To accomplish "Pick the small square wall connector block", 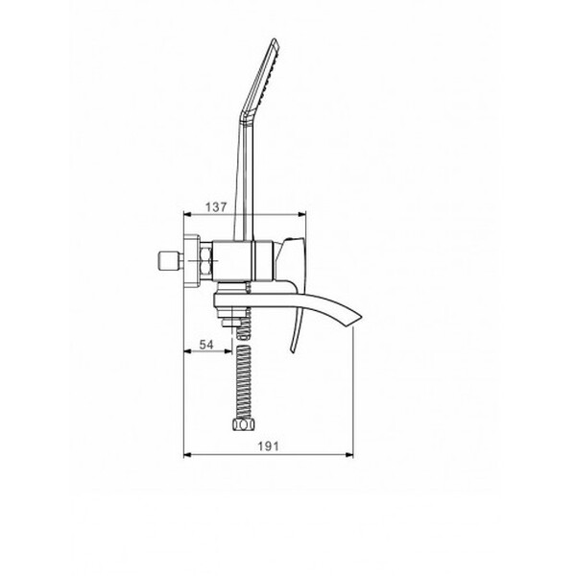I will tap(169, 261).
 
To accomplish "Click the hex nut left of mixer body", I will tap(206, 260).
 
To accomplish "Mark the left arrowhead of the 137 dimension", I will tap(186, 215).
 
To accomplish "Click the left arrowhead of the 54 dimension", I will tap(186, 350).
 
